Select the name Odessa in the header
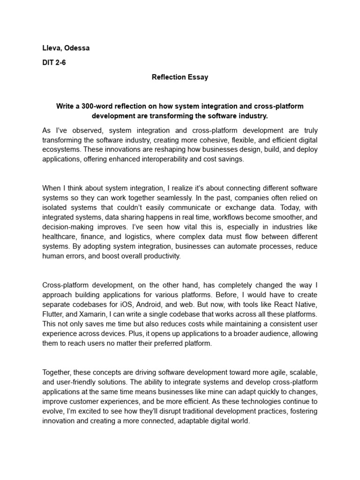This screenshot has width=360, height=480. (77, 48)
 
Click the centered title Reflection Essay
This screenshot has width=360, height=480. (180, 77)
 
